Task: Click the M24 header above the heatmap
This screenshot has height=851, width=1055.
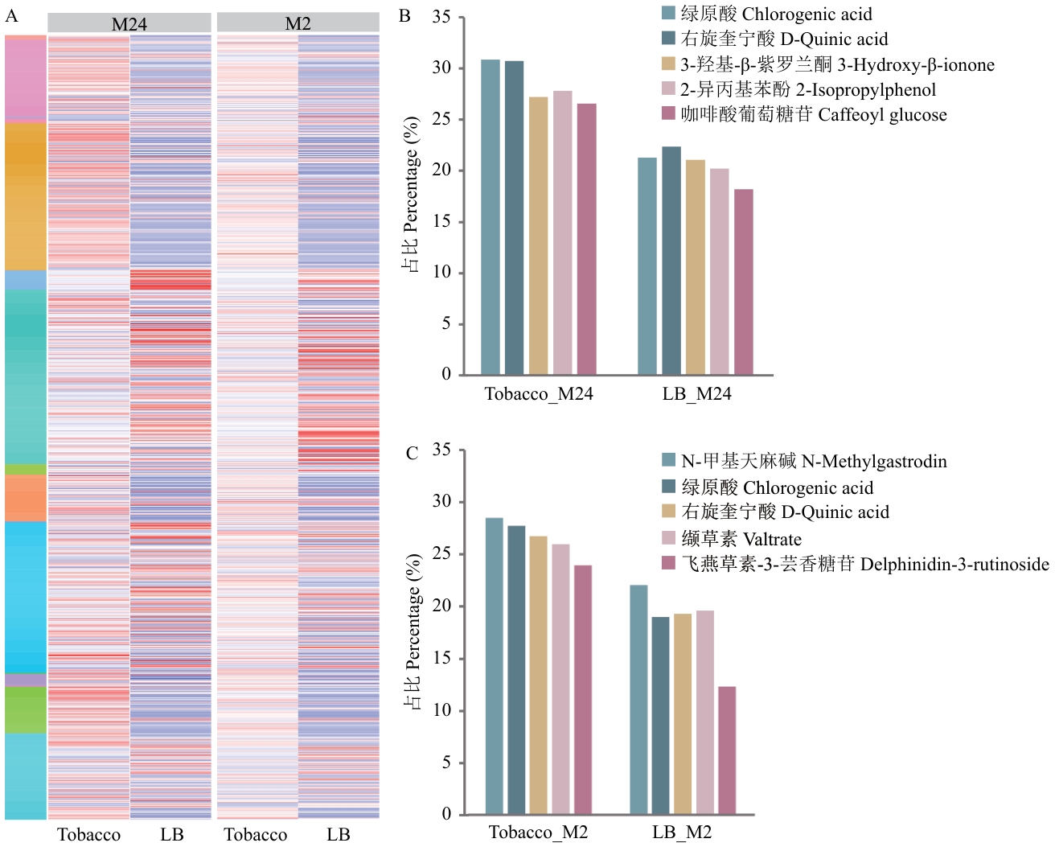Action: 129,23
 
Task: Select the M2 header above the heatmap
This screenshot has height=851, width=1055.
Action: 298,23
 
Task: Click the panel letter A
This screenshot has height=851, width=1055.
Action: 11,16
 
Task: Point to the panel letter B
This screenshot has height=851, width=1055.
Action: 404,16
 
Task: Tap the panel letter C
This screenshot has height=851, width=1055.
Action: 412,454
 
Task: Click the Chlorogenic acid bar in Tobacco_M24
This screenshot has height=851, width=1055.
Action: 490,217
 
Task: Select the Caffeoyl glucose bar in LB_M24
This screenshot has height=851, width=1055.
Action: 744,282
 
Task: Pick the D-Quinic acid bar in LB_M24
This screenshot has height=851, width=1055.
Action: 671,261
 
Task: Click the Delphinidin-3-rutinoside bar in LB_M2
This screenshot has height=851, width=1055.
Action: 727,750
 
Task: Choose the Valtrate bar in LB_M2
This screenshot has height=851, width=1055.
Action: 705,713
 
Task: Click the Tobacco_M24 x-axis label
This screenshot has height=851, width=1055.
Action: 539,394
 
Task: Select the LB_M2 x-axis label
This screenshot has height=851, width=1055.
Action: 682,832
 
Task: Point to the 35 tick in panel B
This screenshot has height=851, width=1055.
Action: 441,17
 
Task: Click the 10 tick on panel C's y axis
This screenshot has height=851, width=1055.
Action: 441,710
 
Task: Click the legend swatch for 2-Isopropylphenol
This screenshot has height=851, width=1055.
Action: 668,88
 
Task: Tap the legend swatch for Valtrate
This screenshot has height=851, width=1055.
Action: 668,537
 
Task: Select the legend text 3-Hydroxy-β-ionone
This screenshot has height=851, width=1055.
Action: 837,64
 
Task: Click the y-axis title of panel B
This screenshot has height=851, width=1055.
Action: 411,195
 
